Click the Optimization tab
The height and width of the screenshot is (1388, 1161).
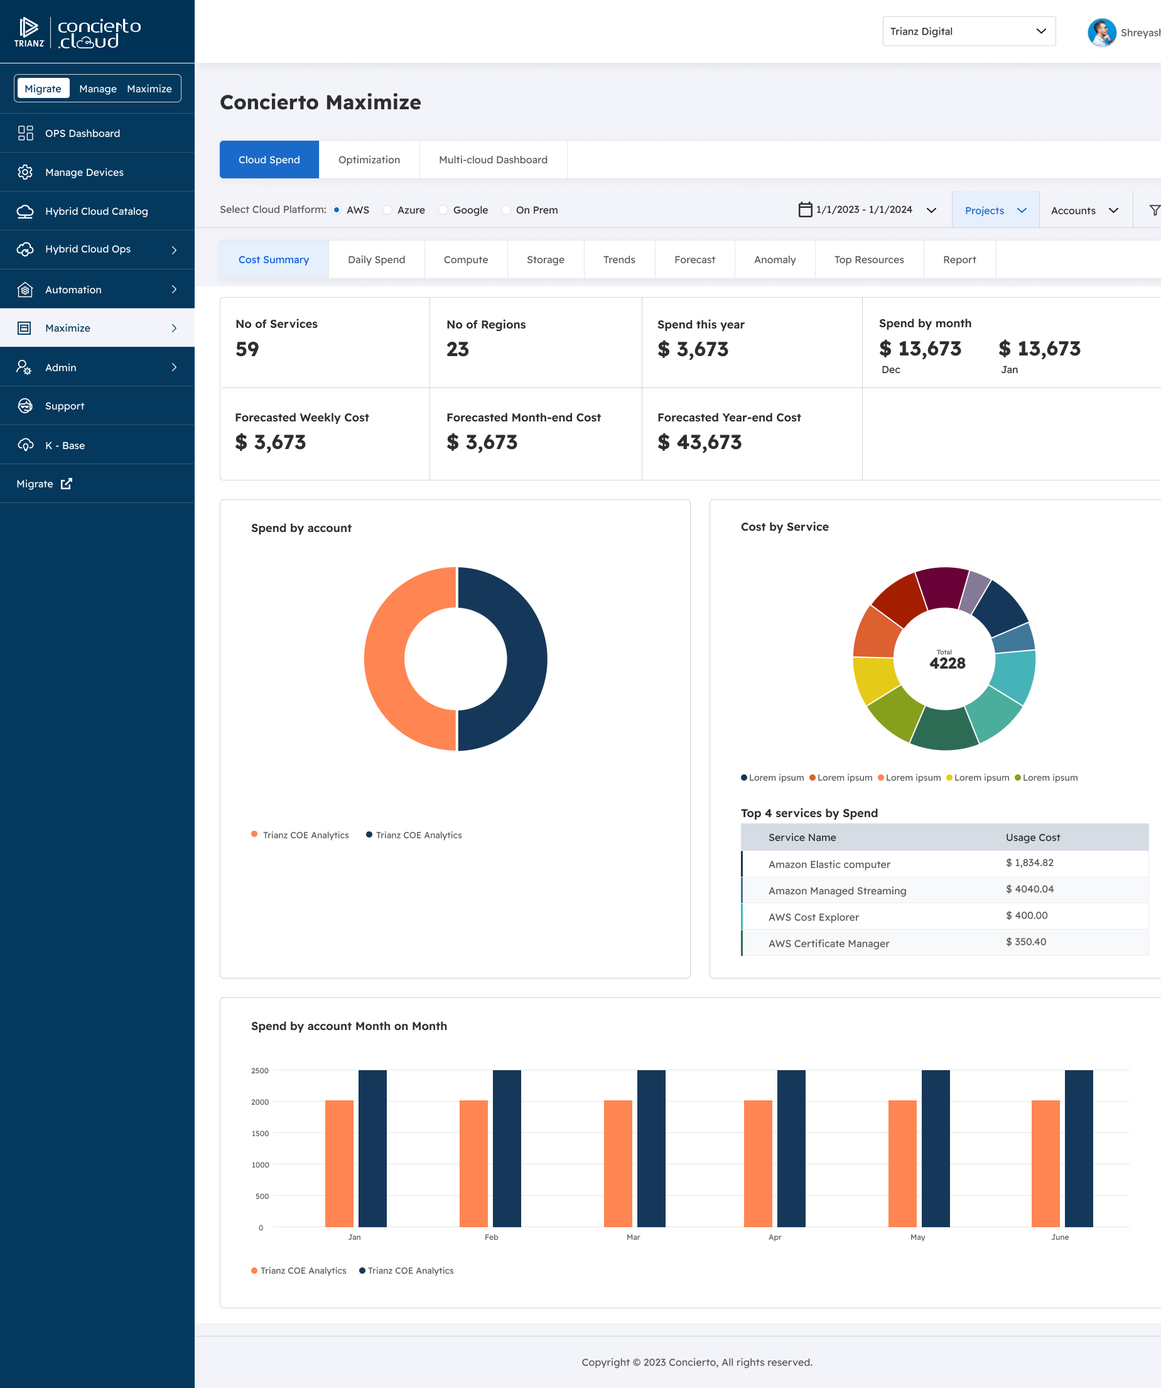(x=369, y=160)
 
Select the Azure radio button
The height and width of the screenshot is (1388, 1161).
(x=388, y=210)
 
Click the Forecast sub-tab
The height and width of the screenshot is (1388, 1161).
(x=694, y=260)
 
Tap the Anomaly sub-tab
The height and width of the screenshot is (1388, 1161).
(x=774, y=260)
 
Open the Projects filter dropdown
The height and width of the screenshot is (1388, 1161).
(x=995, y=210)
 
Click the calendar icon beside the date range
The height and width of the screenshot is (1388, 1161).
(x=805, y=210)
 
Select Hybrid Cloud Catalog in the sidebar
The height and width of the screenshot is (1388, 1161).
(x=97, y=212)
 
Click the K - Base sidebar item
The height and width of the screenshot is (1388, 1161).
(x=65, y=445)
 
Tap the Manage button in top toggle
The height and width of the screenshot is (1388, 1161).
(x=98, y=89)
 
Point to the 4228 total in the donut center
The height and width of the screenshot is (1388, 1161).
(x=947, y=663)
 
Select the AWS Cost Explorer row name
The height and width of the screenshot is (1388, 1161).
(x=813, y=918)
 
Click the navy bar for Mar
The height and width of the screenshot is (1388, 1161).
(x=651, y=1149)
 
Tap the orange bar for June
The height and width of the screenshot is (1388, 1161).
(x=1045, y=1163)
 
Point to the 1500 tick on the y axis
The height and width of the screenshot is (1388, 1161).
(x=261, y=1134)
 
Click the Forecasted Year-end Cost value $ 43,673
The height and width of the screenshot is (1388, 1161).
(x=699, y=442)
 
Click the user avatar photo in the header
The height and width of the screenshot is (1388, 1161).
(x=1101, y=33)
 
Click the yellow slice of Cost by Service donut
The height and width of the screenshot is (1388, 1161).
(x=874, y=680)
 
